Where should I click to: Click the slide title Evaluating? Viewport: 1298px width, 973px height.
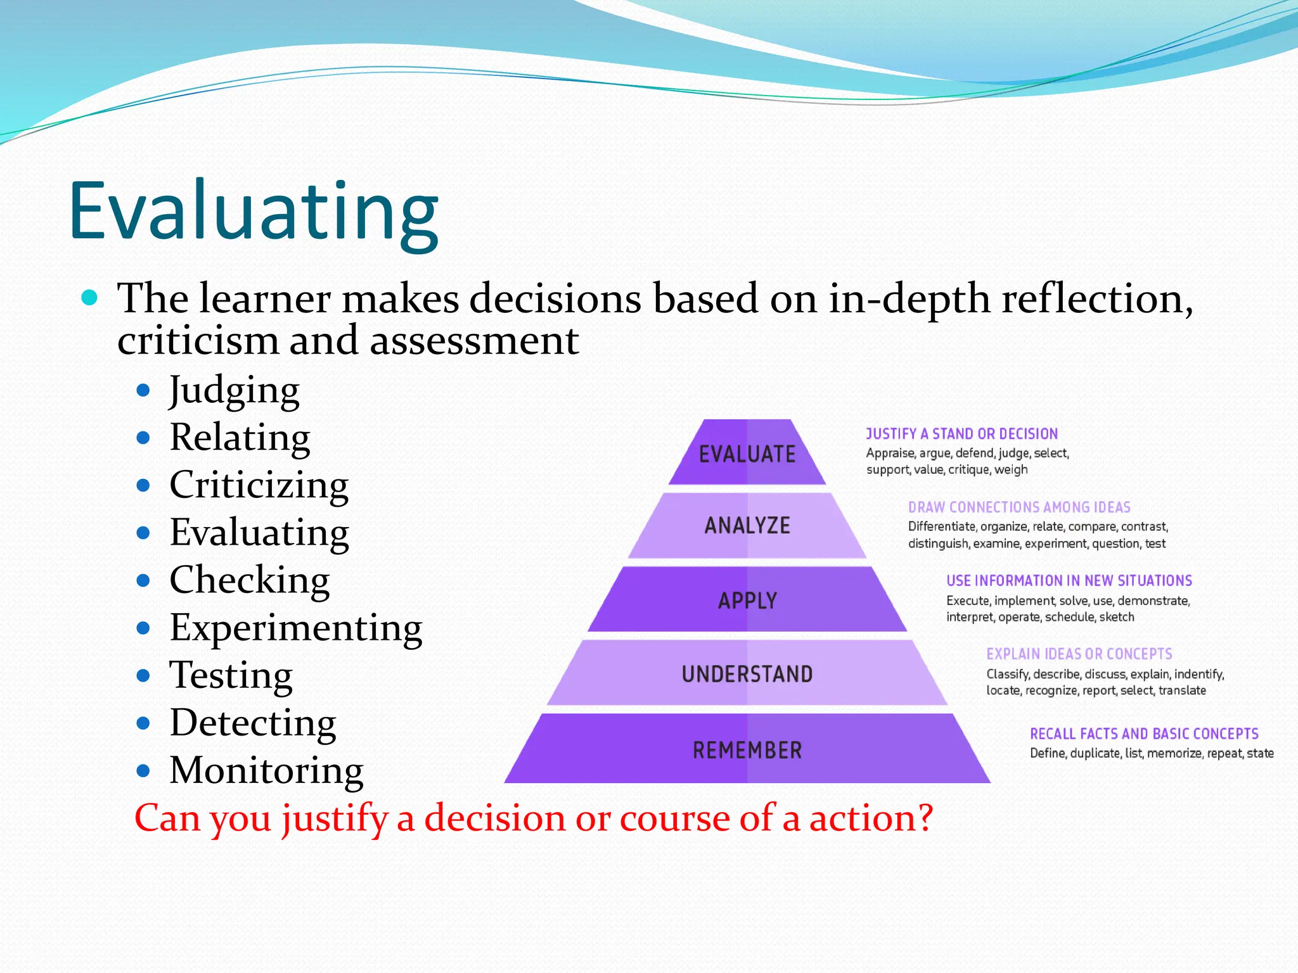tap(254, 212)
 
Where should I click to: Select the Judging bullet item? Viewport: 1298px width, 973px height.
tap(234, 390)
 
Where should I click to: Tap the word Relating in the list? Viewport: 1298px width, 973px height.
tap(240, 437)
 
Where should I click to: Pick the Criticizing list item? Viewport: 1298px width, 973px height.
tap(259, 485)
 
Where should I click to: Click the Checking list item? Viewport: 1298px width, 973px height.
tap(249, 580)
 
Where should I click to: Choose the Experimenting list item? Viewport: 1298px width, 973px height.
tap(295, 628)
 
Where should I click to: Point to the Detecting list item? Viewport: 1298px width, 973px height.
tap(252, 723)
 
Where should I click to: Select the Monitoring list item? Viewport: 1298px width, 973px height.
tap(266, 770)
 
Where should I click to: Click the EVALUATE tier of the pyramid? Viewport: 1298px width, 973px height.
tap(747, 454)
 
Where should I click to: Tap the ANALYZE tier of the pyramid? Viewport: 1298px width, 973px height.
tap(747, 526)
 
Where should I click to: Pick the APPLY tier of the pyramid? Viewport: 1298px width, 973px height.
tap(747, 600)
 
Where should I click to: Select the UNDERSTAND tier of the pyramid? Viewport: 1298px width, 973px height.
tap(747, 673)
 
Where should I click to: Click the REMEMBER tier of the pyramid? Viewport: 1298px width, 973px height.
tap(747, 750)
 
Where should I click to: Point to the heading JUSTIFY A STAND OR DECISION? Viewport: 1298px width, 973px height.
tap(961, 434)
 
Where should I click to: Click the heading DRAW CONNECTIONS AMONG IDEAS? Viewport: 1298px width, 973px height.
tap(1019, 507)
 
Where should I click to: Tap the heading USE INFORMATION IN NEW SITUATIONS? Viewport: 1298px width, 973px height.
tap(1069, 581)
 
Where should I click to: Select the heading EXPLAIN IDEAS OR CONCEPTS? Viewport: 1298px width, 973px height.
tap(1079, 654)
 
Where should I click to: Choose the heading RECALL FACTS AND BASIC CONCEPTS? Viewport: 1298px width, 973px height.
tap(1144, 734)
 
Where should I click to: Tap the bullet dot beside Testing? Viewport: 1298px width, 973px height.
tap(143, 676)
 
